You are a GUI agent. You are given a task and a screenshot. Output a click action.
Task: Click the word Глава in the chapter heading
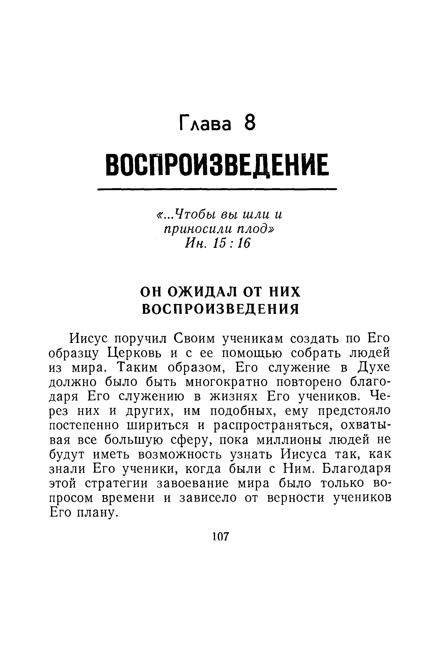205,123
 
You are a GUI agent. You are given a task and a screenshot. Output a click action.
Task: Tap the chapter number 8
250,123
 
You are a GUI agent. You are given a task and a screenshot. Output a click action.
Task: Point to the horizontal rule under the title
217,190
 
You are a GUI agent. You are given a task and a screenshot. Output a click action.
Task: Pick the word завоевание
194,483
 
